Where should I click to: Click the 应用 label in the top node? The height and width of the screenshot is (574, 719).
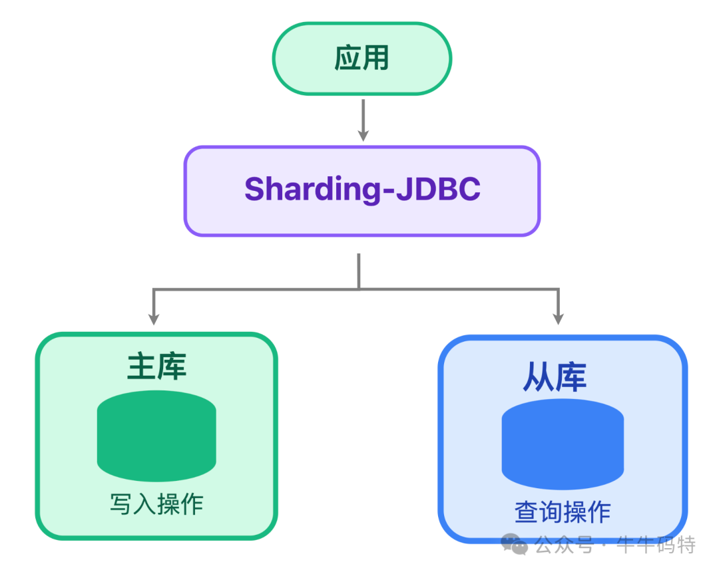[361, 59]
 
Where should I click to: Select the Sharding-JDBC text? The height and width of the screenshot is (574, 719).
[361, 190]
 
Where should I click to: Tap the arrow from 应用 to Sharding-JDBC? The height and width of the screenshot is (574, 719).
[362, 120]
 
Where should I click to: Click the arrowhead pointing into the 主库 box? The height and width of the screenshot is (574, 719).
[154, 318]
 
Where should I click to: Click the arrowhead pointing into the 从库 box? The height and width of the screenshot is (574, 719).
[558, 318]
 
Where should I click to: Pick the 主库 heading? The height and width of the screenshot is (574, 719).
[156, 366]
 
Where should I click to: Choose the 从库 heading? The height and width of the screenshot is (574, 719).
[554, 376]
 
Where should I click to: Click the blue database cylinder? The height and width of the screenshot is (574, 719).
[563, 444]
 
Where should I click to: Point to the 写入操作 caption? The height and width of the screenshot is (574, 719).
[156, 504]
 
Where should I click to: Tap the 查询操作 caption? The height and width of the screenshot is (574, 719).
[563, 512]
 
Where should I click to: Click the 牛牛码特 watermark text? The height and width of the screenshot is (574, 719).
[656, 545]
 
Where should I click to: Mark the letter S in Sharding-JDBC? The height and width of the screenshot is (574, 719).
[256, 190]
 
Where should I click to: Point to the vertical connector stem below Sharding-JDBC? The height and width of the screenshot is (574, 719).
[359, 271]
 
